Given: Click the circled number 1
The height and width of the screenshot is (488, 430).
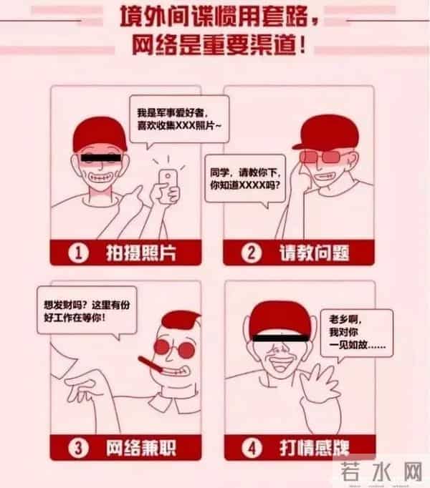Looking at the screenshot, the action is point(78,253).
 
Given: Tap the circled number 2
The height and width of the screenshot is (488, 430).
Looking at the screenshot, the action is point(251,253).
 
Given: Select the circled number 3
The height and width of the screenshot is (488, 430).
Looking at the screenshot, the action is point(78,448).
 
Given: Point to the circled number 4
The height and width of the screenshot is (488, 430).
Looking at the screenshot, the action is point(252,448).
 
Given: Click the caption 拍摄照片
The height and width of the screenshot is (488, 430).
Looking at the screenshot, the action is point(141,253).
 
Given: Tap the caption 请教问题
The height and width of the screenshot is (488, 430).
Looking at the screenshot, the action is point(314,253).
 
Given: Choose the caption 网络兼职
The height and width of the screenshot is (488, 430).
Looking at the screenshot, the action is point(141,448).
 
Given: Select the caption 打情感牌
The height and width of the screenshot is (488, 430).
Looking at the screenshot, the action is point(314,448).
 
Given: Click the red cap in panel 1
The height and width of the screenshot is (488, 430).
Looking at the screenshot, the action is point(100,135).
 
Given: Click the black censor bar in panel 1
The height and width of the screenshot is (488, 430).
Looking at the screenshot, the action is point(100,158).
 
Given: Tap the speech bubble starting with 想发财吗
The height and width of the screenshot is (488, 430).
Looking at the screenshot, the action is point(87,312).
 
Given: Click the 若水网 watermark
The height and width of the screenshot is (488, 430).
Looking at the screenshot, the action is point(381,472).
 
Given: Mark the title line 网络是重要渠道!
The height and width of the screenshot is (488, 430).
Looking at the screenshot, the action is point(219,46).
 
